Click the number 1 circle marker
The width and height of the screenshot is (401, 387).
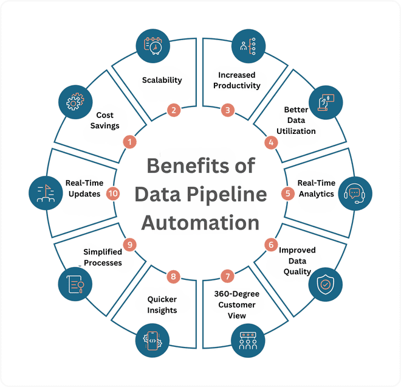pos(129,142)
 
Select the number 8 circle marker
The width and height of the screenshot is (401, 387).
pos(174,277)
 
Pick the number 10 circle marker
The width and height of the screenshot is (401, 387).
pos(113,193)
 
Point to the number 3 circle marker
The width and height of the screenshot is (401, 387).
pos(227,110)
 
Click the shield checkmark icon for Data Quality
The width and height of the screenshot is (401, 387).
pos(326,284)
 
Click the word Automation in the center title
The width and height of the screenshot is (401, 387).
pos(200,222)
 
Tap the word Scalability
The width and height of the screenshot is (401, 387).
pos(162,80)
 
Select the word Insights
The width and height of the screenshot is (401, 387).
pos(162,310)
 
